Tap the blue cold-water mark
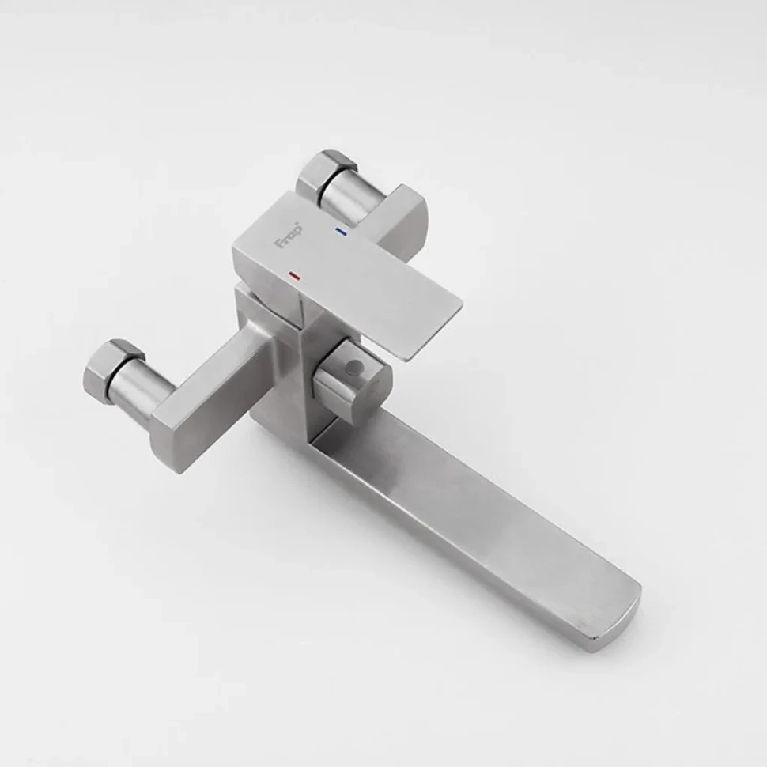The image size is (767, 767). (x=341, y=230)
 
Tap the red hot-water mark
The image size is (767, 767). (x=294, y=276)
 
